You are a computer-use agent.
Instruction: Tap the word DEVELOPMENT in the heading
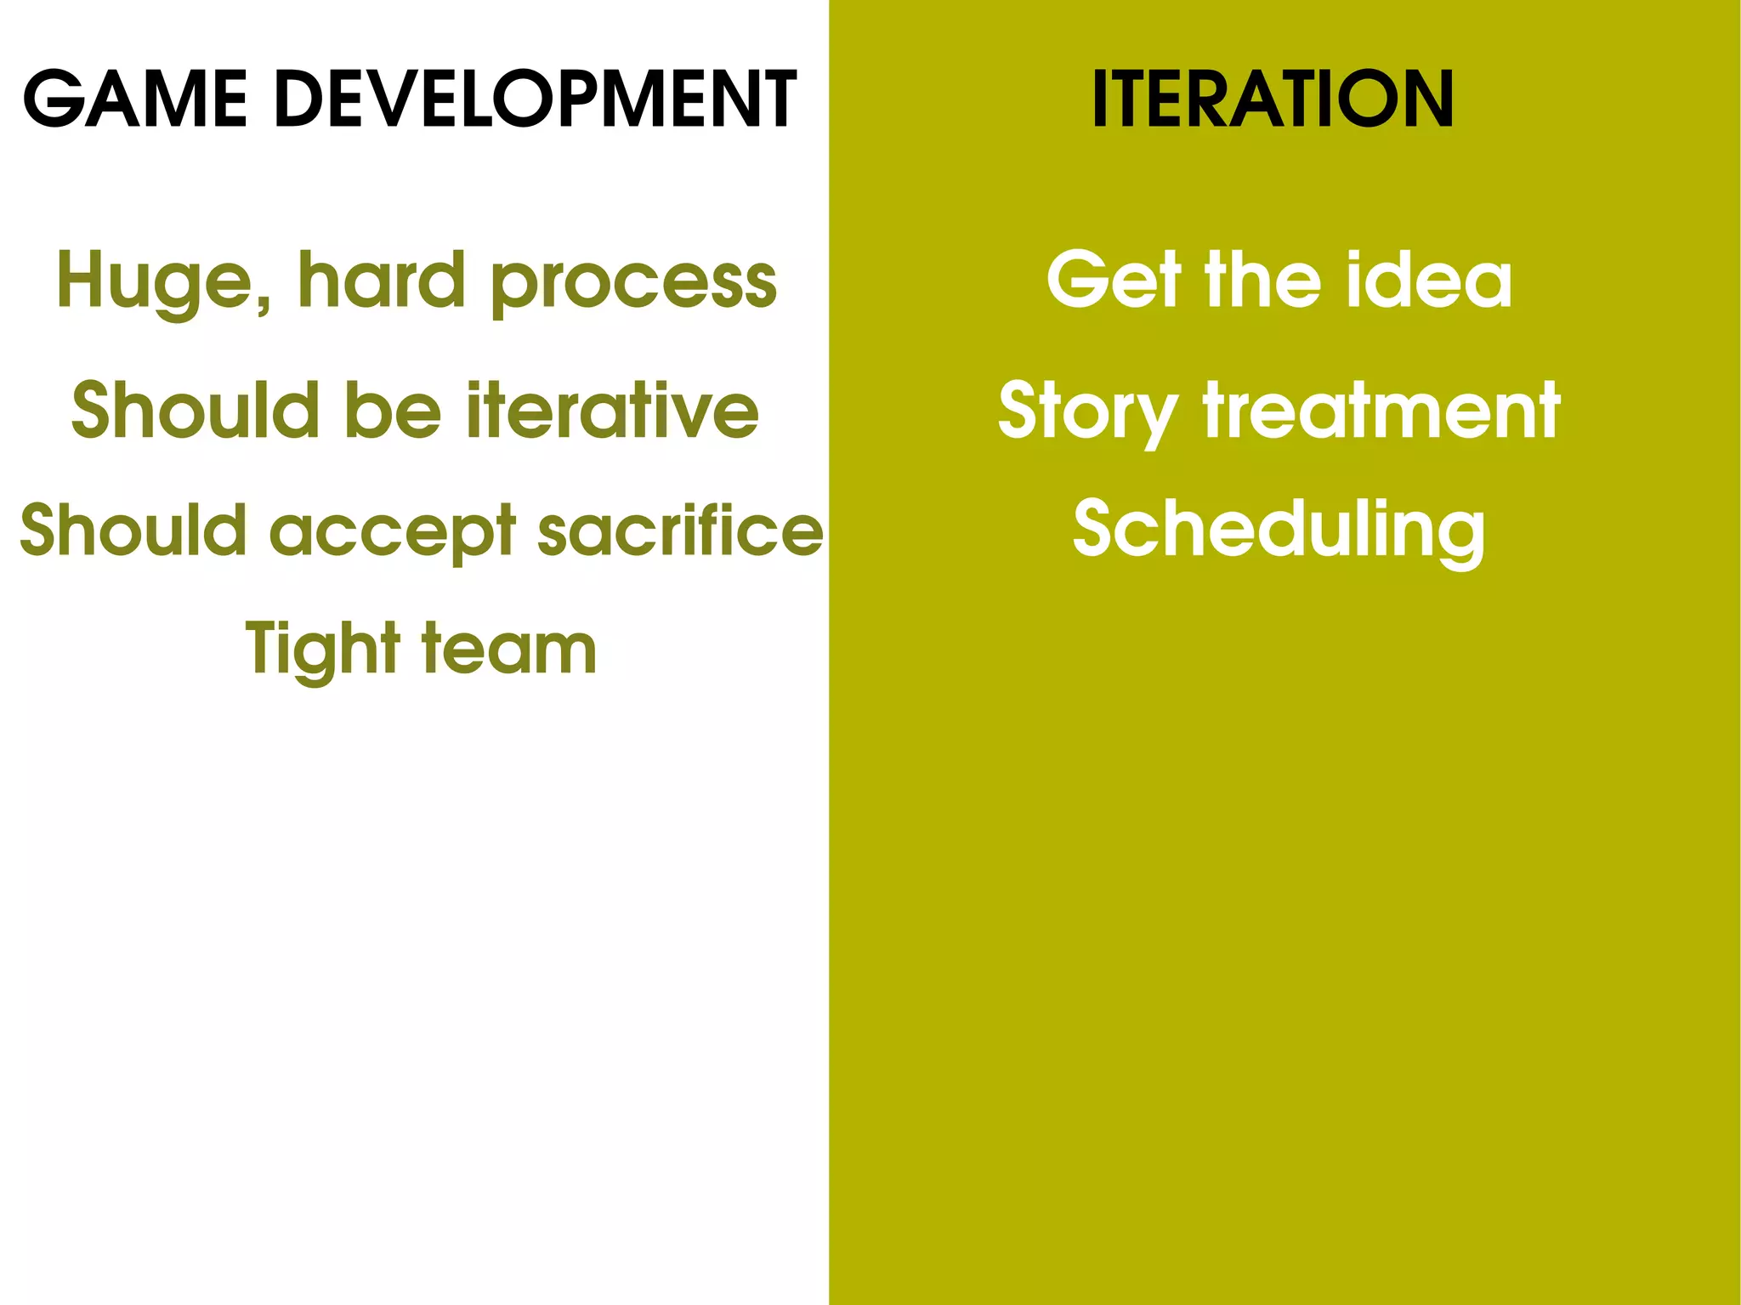(536, 100)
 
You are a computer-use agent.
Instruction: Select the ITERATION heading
(1273, 100)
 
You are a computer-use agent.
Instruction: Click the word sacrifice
(680, 531)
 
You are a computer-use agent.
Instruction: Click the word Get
(1114, 280)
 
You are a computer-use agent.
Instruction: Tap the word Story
(1087, 413)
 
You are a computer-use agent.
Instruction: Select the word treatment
(1381, 411)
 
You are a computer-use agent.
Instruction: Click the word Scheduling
(1279, 531)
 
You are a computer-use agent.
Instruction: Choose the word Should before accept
(133, 531)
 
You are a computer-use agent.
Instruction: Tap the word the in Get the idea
(1263, 280)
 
